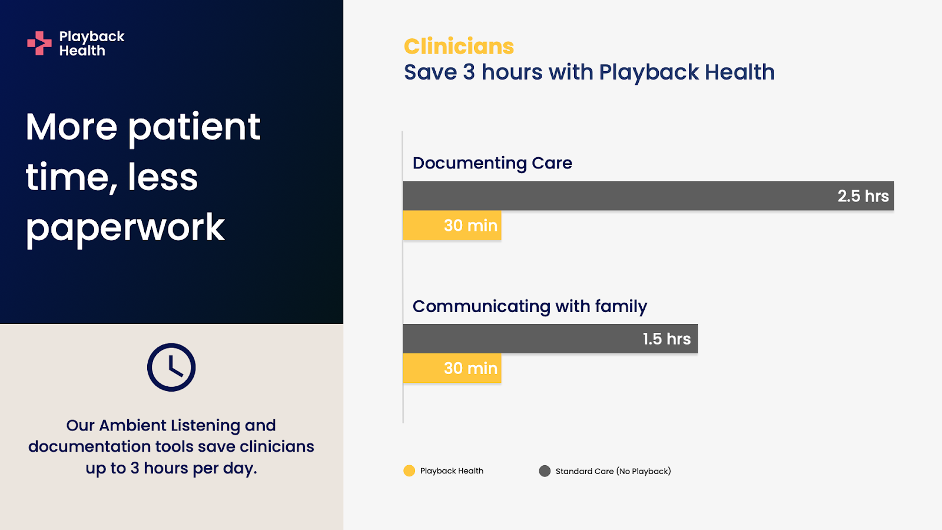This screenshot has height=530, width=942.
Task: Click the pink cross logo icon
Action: click(x=39, y=43)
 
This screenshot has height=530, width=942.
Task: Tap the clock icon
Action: click(x=171, y=367)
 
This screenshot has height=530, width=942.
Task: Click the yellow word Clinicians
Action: click(x=459, y=47)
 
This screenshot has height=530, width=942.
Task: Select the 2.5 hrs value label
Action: click(x=863, y=196)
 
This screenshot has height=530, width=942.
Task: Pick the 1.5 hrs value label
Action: click(x=666, y=339)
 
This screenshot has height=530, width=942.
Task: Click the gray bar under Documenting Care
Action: click(x=648, y=196)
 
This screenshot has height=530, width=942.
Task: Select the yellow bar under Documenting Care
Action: click(x=452, y=225)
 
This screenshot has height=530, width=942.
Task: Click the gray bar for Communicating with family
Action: click(x=550, y=339)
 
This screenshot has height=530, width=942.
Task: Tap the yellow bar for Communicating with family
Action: click(x=452, y=368)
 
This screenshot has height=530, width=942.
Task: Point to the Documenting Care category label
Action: click(x=492, y=163)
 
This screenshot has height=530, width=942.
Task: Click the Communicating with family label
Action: click(x=529, y=307)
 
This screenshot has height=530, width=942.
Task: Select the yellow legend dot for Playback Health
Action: click(x=409, y=471)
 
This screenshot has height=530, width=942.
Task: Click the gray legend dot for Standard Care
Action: click(x=545, y=471)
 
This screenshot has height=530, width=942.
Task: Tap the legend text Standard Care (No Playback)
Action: click(x=613, y=471)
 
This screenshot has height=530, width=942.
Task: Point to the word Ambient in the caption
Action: click(x=133, y=425)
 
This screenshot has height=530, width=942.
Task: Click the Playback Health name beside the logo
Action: click(x=92, y=44)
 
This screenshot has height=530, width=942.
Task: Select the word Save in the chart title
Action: click(x=430, y=72)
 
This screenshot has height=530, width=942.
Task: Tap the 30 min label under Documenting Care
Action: click(x=470, y=226)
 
